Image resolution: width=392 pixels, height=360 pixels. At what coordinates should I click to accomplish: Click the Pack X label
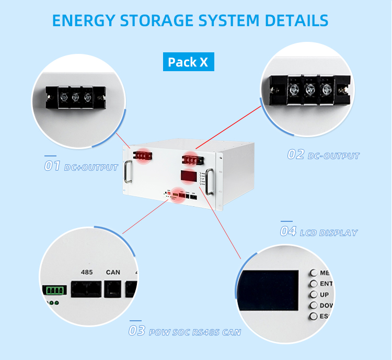(x=188, y=62)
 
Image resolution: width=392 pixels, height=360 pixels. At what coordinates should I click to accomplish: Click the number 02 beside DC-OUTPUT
(x=295, y=155)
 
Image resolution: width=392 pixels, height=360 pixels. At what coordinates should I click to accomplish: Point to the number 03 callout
(x=137, y=331)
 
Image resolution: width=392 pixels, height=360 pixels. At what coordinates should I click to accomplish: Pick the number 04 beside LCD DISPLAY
(x=288, y=231)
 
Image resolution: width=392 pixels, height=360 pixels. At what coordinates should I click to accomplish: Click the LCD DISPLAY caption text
(x=329, y=232)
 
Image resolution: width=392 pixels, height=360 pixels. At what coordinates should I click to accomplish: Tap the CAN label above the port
(x=113, y=272)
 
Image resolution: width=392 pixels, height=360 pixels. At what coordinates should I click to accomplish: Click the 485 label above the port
(x=87, y=272)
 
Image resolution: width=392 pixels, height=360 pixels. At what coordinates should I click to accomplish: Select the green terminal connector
(x=54, y=290)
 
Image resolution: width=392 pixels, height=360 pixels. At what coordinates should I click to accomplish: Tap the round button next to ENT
(x=314, y=284)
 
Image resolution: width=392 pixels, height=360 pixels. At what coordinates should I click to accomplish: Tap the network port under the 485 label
(x=85, y=289)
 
